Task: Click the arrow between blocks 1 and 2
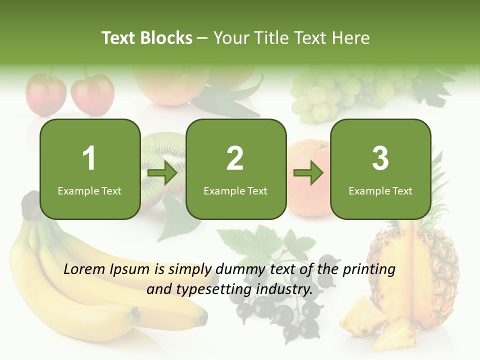pos(162,173)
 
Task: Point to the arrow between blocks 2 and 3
pos(308,173)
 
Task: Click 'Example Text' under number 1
pos(89,190)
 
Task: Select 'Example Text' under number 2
pos(235,190)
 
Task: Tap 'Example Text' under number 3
pos(380,190)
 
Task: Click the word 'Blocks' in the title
pos(166,38)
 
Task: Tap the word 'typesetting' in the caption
pos(210,288)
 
